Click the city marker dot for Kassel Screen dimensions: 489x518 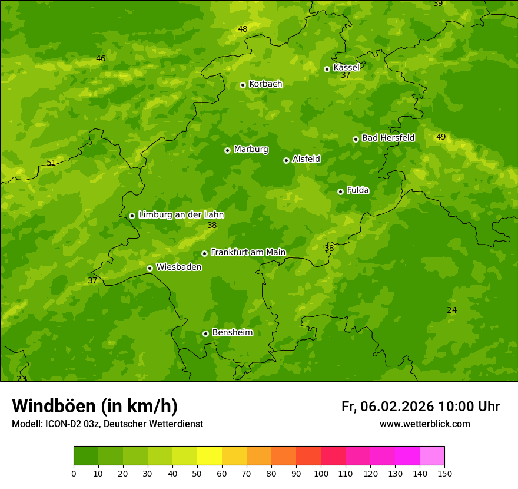[x=327, y=69]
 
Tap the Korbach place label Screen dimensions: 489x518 [x=265, y=84]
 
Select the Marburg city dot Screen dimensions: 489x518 [x=227, y=150]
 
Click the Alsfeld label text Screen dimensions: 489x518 [x=306, y=159]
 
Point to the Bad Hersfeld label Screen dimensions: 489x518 [x=388, y=138]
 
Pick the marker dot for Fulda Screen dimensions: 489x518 [x=340, y=191]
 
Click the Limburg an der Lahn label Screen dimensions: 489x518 [x=181, y=215]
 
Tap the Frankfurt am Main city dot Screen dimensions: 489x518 [x=204, y=253]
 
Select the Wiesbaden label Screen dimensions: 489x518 [x=178, y=267]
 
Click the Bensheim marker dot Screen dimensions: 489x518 [x=205, y=333]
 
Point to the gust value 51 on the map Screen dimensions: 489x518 [x=51, y=163]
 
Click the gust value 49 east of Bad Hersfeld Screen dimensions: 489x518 [x=441, y=137]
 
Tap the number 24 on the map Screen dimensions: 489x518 [x=451, y=310]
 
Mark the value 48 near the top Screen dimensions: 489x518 [x=243, y=29]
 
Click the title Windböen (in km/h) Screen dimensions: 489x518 [x=95, y=406]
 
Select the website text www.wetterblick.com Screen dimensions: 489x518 [x=424, y=424]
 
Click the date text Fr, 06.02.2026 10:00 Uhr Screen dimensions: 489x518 [x=420, y=407]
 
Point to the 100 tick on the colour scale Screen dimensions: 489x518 [x=321, y=473]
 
